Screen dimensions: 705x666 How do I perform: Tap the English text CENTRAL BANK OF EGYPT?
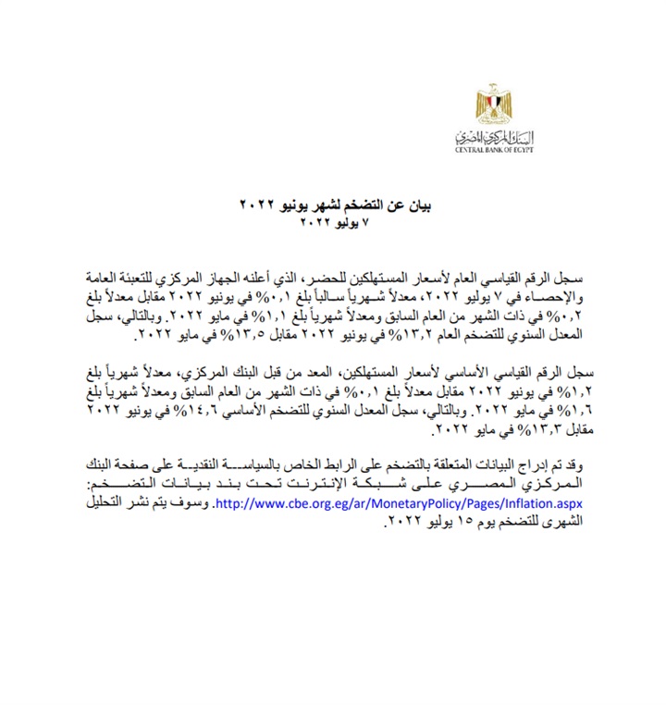[x=499, y=151]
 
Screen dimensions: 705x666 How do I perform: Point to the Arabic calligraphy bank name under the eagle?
[x=499, y=138]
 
